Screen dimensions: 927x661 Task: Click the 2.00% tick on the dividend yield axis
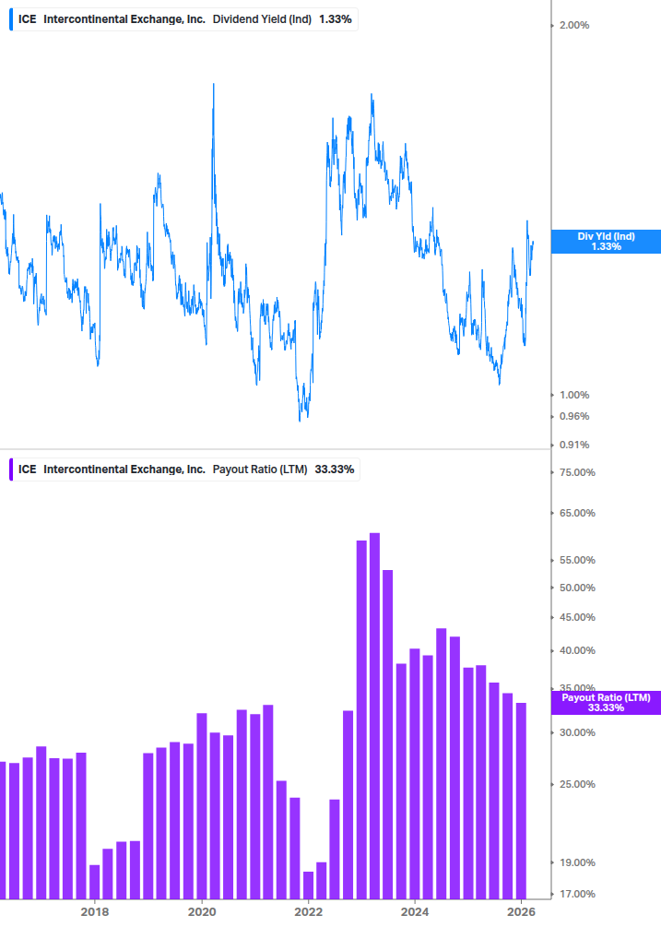coord(574,25)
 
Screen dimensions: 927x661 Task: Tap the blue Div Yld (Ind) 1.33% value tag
coord(606,242)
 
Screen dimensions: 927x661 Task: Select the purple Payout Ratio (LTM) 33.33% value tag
coord(606,703)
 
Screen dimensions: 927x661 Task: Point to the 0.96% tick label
coord(574,416)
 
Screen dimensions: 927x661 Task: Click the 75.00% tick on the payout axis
coord(577,472)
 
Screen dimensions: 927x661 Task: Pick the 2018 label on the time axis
coord(94,911)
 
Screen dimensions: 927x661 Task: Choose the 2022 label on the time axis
coord(308,911)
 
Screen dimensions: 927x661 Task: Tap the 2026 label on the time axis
coord(522,911)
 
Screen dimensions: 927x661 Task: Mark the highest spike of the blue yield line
coord(214,85)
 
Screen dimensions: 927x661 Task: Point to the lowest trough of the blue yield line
coord(300,421)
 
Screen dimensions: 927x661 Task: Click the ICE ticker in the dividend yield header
coord(28,18)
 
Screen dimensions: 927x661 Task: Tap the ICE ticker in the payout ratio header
coord(28,469)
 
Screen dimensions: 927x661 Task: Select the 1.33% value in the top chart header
coord(335,18)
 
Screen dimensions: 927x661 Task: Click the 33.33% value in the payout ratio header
coord(335,469)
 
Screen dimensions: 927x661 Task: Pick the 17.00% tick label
coord(577,893)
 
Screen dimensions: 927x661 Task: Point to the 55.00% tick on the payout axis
coord(577,560)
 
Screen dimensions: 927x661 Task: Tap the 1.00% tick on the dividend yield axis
coord(574,395)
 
